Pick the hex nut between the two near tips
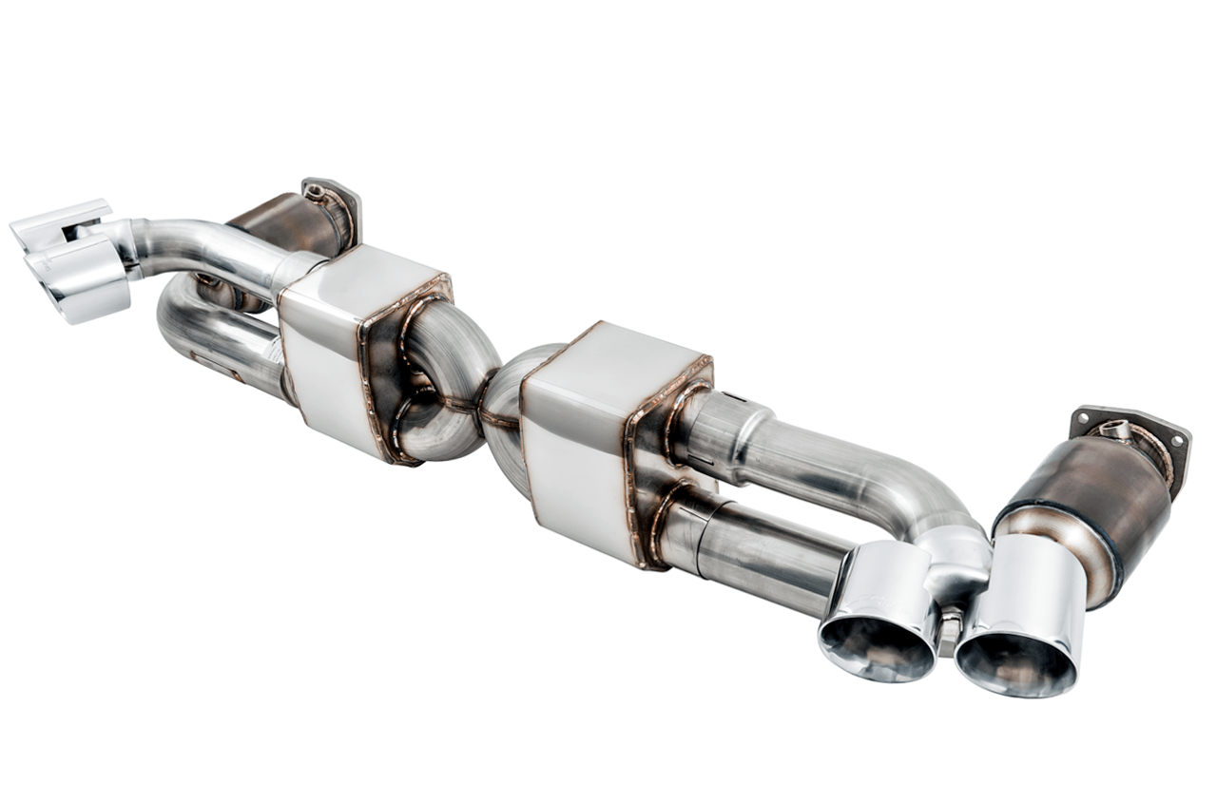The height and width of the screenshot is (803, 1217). click(948, 631)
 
